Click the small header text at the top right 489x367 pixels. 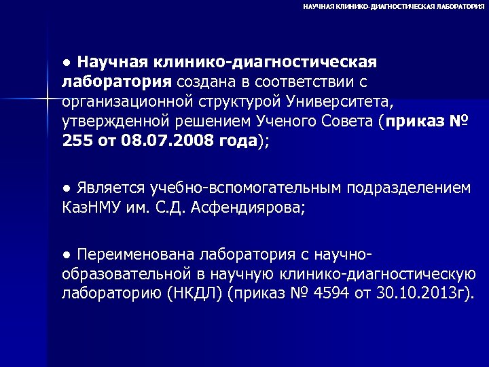coord(393,5)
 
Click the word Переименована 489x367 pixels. coord(136,254)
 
